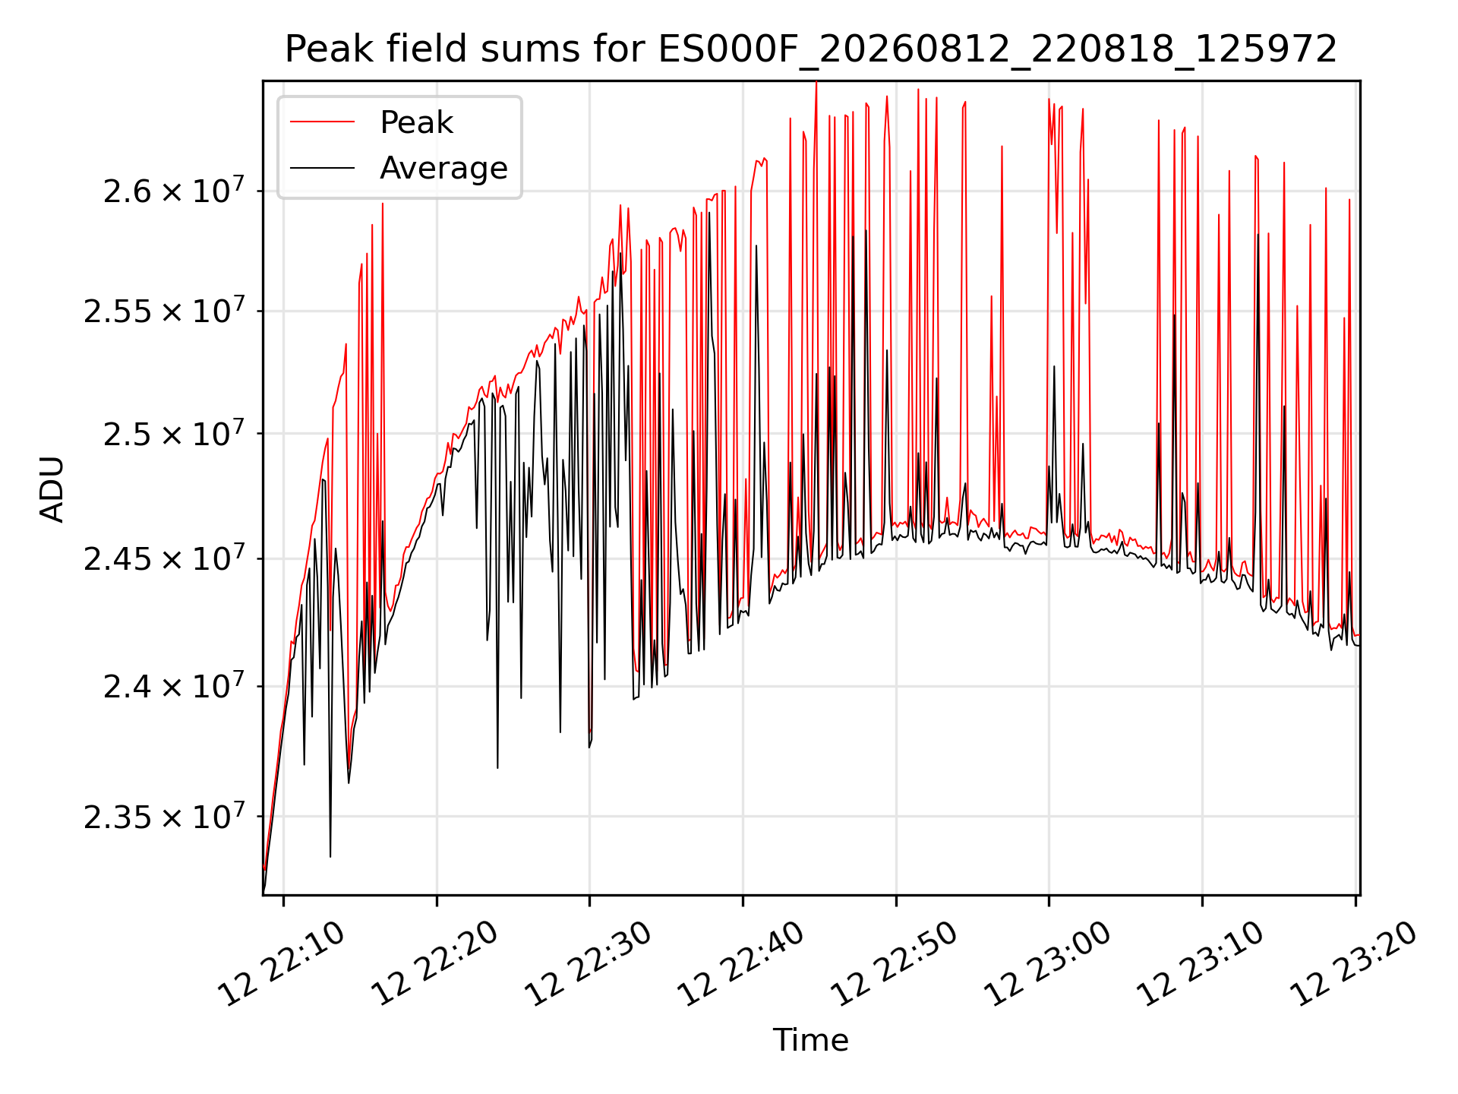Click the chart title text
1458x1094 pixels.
click(810, 49)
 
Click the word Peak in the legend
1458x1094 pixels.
click(416, 122)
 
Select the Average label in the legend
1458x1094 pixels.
click(443, 168)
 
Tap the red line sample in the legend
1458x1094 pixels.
click(322, 122)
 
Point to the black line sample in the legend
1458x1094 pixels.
click(322, 167)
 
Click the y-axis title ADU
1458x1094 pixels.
click(52, 489)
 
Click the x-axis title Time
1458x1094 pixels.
click(810, 1039)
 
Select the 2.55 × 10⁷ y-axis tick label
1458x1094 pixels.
click(164, 311)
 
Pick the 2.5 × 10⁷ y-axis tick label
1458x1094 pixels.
click(174, 433)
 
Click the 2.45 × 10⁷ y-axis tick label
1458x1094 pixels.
click(164, 558)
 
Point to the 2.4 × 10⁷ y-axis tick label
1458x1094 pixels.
click(174, 686)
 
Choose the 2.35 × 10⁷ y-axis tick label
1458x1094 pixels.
click(164, 817)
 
